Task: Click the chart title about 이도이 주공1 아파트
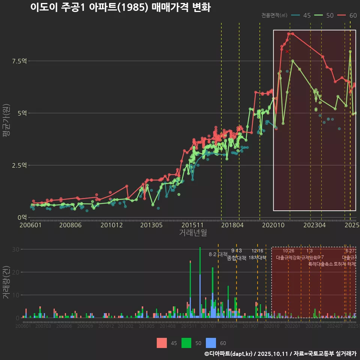[x=120, y=7]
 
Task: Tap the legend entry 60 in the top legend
[x=347, y=15]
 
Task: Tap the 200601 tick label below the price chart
[x=31, y=225]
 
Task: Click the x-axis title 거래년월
[x=193, y=233]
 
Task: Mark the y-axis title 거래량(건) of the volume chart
[x=6, y=282]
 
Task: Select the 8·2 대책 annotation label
[x=218, y=254]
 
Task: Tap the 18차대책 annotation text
[x=257, y=258]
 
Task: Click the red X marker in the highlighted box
[x=287, y=51]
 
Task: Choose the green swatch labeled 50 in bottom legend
[x=186, y=343]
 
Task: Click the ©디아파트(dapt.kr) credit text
[x=229, y=354]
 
